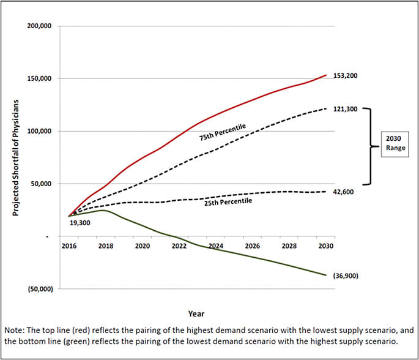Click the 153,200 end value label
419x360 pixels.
(344, 76)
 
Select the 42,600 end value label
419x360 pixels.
(343, 192)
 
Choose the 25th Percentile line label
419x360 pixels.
(228, 201)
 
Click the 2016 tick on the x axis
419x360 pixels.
(69, 246)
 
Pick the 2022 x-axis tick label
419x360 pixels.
(179, 246)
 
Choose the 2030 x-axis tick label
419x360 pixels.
(325, 246)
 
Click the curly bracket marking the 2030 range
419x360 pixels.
(367, 146)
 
